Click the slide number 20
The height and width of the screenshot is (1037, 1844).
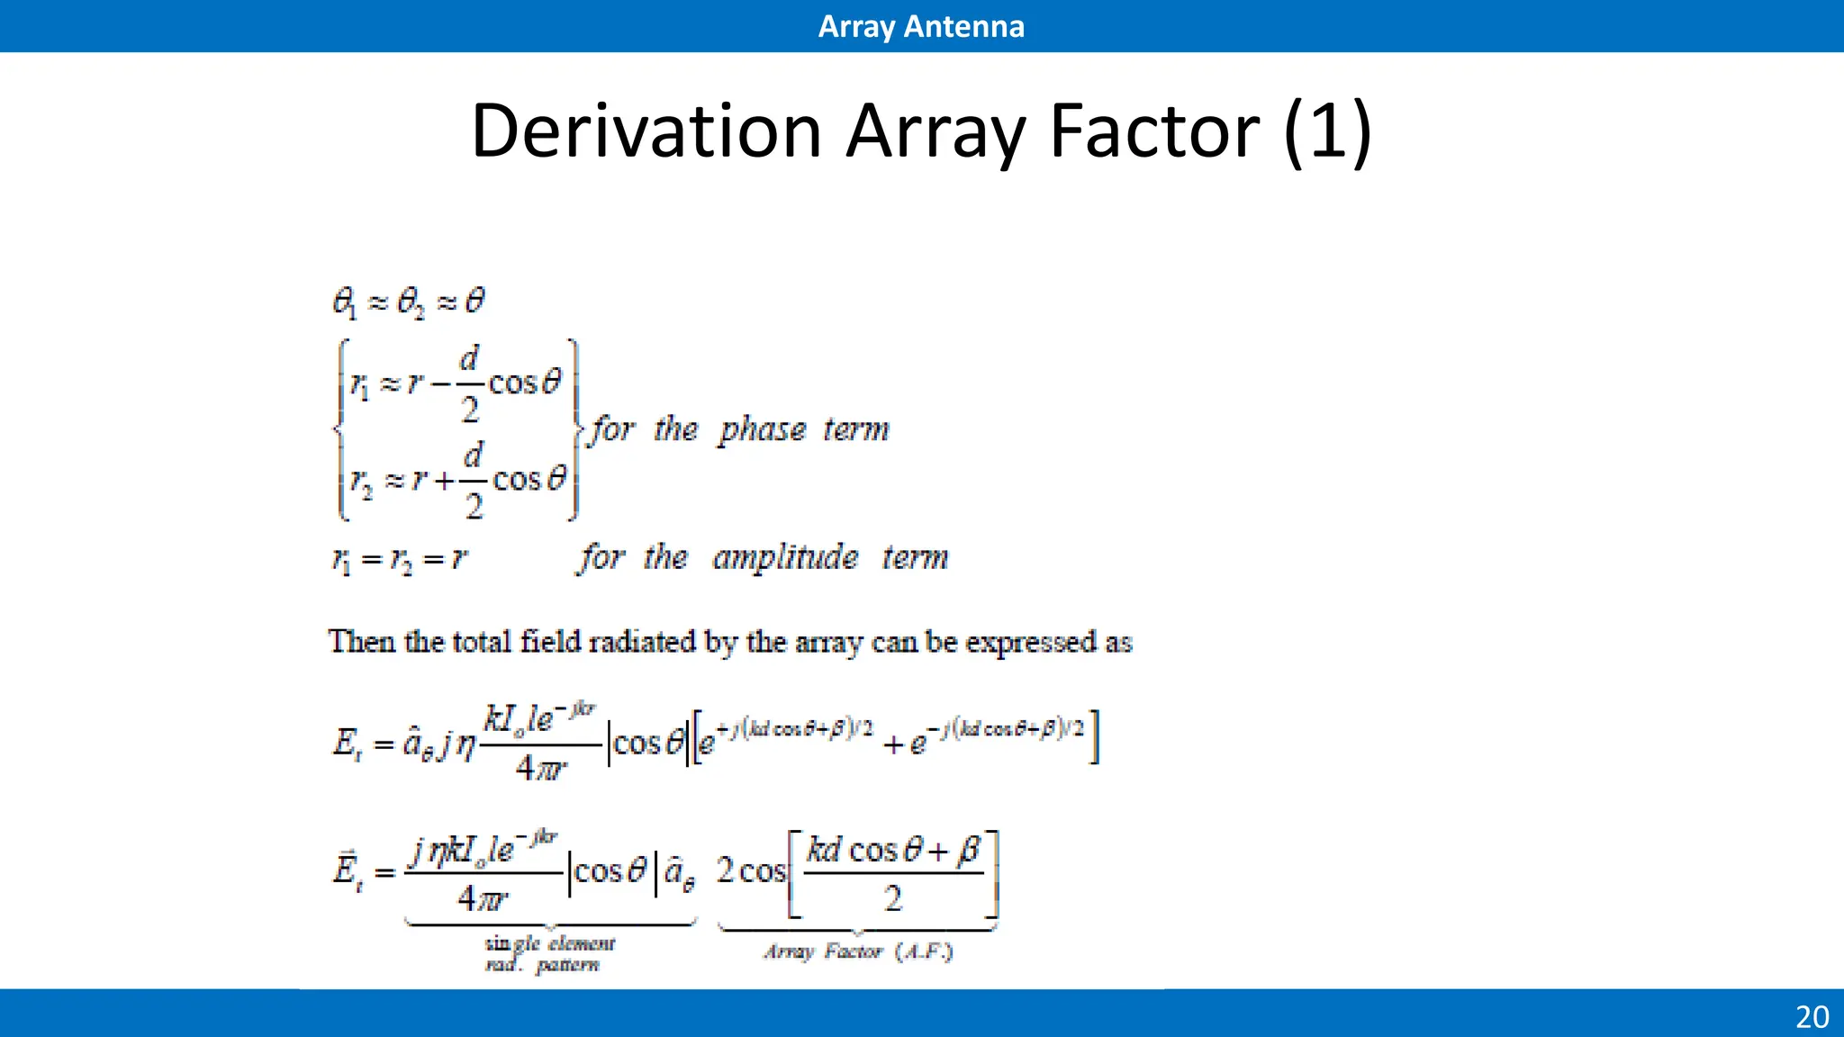tap(1812, 1016)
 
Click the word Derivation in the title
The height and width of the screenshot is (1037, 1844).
tap(646, 131)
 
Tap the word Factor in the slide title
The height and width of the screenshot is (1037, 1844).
tap(1155, 131)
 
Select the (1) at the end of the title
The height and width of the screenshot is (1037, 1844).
tap(1327, 131)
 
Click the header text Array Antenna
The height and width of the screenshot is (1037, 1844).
tap(921, 26)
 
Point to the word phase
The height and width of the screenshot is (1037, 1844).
tap(762, 430)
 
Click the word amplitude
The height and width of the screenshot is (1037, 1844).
tap(784, 558)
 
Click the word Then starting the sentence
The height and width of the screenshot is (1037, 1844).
tap(361, 642)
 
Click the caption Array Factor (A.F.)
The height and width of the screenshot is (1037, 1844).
tap(858, 951)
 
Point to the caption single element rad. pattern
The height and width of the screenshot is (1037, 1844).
tap(548, 954)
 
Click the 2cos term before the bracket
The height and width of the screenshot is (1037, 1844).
tap(751, 870)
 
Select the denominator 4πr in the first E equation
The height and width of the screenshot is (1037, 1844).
tap(541, 769)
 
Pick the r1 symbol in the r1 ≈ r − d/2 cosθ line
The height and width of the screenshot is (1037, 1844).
tap(358, 386)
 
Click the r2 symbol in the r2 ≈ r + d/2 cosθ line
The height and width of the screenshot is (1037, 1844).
tap(361, 483)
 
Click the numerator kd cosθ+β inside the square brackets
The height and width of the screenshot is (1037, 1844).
tap(892, 850)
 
